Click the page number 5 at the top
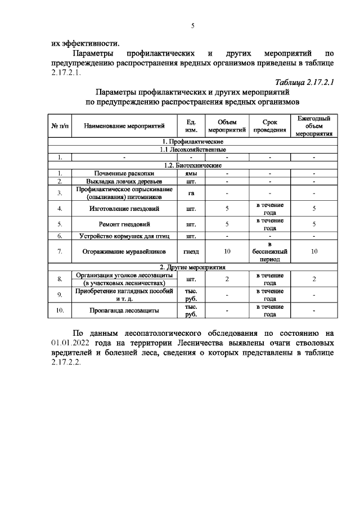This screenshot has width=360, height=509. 192,26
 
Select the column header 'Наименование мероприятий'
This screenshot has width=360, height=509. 120,127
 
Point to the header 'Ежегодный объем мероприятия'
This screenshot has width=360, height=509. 314,127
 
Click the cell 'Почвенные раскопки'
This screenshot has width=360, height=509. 120,173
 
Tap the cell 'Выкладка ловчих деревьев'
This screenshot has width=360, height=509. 120,181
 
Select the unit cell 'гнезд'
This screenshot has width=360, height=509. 192,251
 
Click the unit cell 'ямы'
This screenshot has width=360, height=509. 192,173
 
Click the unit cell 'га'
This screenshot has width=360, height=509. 192,193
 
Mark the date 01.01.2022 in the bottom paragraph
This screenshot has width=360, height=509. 71,342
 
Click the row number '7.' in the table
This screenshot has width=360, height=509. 60,251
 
